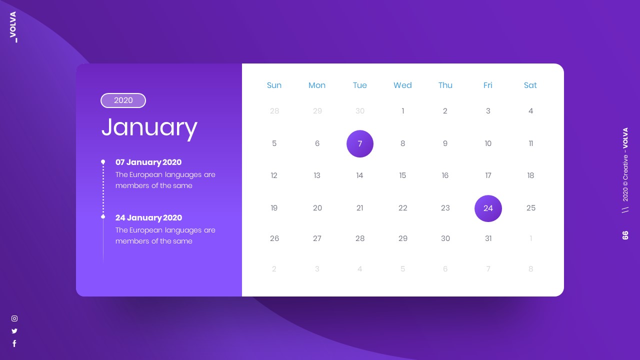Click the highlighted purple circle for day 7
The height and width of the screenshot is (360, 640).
click(360, 144)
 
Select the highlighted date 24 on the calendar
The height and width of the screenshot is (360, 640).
click(488, 208)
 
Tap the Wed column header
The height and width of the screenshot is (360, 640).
click(402, 85)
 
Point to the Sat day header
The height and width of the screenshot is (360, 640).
click(530, 85)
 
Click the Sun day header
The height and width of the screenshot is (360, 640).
click(274, 85)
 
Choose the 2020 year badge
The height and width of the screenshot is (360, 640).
click(123, 100)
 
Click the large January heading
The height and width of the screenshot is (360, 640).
click(149, 127)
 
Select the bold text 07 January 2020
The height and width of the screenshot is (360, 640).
click(148, 162)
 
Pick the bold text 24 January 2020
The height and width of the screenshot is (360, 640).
click(148, 218)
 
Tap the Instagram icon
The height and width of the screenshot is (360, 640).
click(14, 318)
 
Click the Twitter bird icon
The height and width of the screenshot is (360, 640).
click(14, 331)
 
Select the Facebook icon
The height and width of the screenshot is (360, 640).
click(14, 343)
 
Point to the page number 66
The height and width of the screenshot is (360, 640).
click(625, 235)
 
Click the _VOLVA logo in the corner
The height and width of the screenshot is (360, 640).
click(13, 27)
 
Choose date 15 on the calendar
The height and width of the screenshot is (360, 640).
click(402, 175)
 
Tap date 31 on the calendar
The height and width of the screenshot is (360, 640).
click(488, 238)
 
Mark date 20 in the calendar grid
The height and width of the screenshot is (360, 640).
click(317, 208)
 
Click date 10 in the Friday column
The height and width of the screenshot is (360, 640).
click(488, 143)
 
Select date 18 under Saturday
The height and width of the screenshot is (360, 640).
click(530, 175)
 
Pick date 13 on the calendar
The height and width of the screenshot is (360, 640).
click(317, 175)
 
